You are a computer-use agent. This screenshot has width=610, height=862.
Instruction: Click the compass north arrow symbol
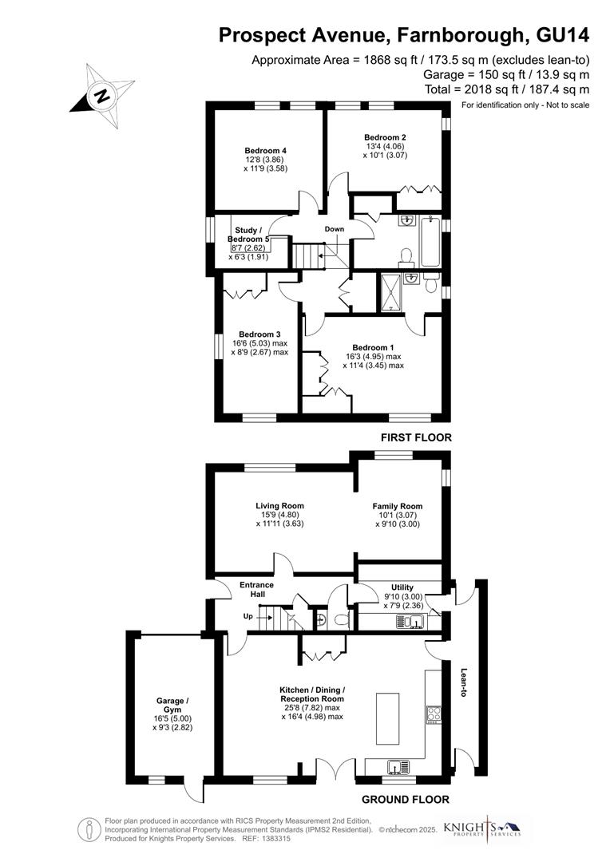101,96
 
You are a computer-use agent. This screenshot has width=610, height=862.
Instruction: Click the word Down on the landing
335,230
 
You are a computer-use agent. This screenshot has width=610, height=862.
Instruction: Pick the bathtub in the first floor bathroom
430,242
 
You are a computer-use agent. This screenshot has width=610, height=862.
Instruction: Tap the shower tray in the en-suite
392,292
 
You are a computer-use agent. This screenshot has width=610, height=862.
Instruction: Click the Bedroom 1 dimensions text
374,361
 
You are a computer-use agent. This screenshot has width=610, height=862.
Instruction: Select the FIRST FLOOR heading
416,437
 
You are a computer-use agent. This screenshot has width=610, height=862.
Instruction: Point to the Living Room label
279,505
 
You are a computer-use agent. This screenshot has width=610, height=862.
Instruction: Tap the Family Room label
398,506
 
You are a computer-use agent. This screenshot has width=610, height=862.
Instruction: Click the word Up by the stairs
248,616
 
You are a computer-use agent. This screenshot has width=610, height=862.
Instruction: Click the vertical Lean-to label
463,683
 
